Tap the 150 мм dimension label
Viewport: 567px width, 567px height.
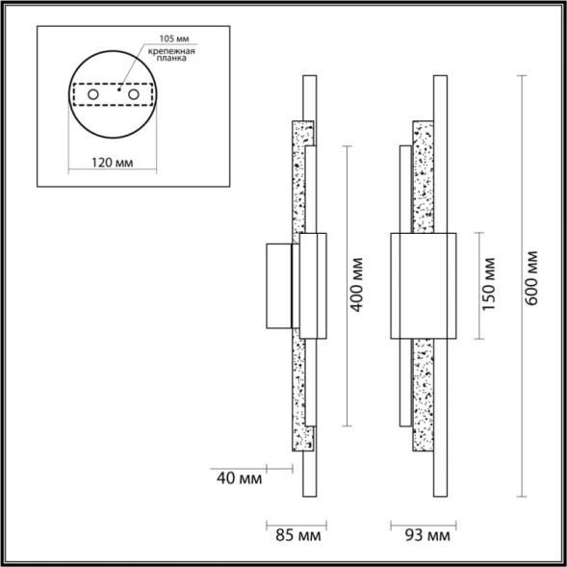coord(489,285)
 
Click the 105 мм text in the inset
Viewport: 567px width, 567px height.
coord(165,41)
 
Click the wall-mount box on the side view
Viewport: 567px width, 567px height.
coord(279,285)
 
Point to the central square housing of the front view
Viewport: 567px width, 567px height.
coord(421,285)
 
